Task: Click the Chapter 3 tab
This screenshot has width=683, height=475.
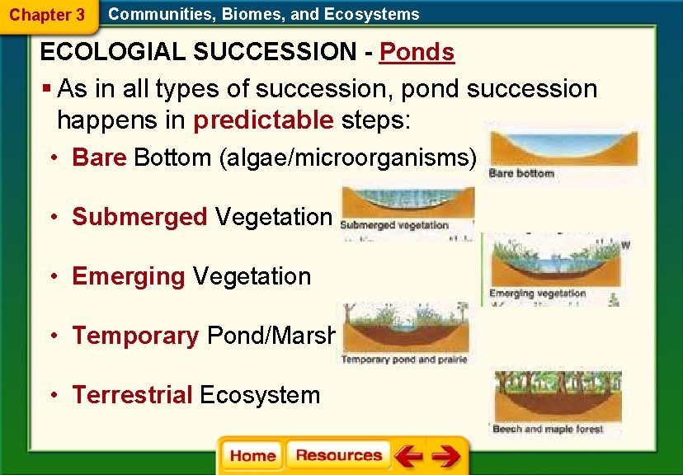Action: coord(46,15)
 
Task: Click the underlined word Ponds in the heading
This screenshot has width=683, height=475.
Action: coord(417,53)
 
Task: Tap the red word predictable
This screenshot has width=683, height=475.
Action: coord(263,120)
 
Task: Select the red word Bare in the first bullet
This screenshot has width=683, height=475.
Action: coord(99,158)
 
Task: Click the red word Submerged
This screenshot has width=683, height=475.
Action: coord(139,217)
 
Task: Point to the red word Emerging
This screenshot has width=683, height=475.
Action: coord(128,276)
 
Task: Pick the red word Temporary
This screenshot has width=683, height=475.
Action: coord(135,336)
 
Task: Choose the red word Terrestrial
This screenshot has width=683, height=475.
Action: coord(132,395)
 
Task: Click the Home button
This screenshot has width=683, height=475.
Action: coord(252,456)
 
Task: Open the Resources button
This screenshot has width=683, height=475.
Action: coord(338,456)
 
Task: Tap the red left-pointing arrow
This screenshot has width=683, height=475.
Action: coord(407,456)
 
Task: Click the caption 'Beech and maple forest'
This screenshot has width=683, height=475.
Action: coord(548,429)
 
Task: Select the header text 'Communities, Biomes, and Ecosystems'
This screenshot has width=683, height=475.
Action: coord(264,14)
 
